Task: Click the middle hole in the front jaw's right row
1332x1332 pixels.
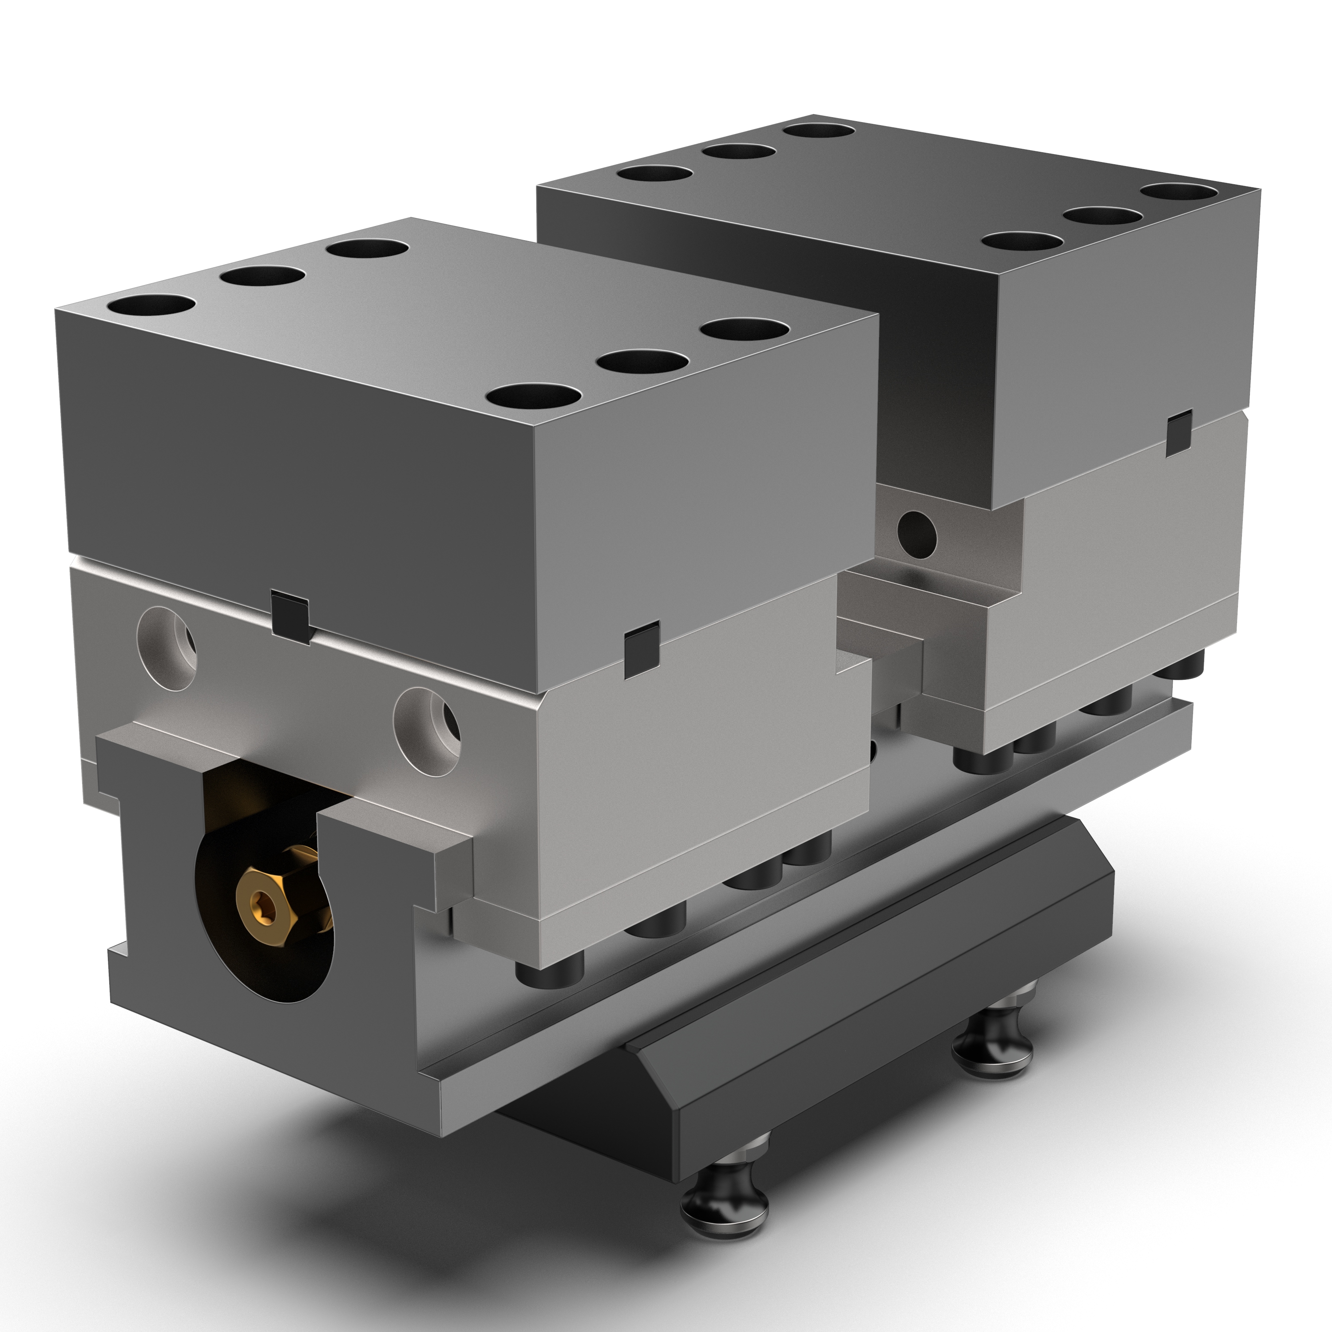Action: click(x=644, y=361)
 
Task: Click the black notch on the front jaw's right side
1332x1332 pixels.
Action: click(x=641, y=647)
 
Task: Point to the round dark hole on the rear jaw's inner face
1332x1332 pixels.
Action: click(x=916, y=533)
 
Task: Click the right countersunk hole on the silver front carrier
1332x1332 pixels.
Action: click(x=427, y=721)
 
